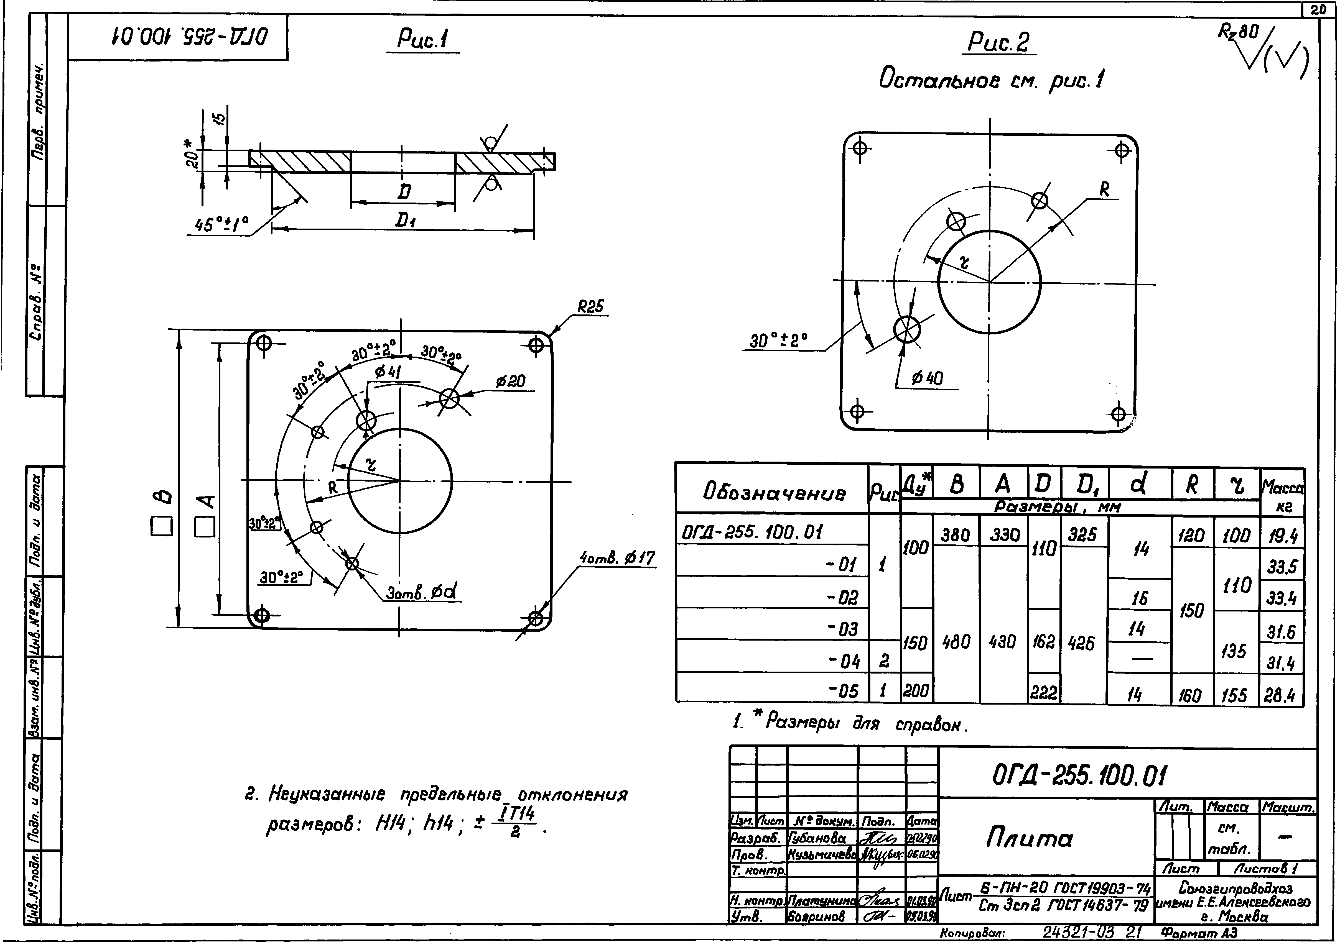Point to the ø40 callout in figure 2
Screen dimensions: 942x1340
(927, 378)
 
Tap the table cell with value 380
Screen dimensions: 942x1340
(956, 534)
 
